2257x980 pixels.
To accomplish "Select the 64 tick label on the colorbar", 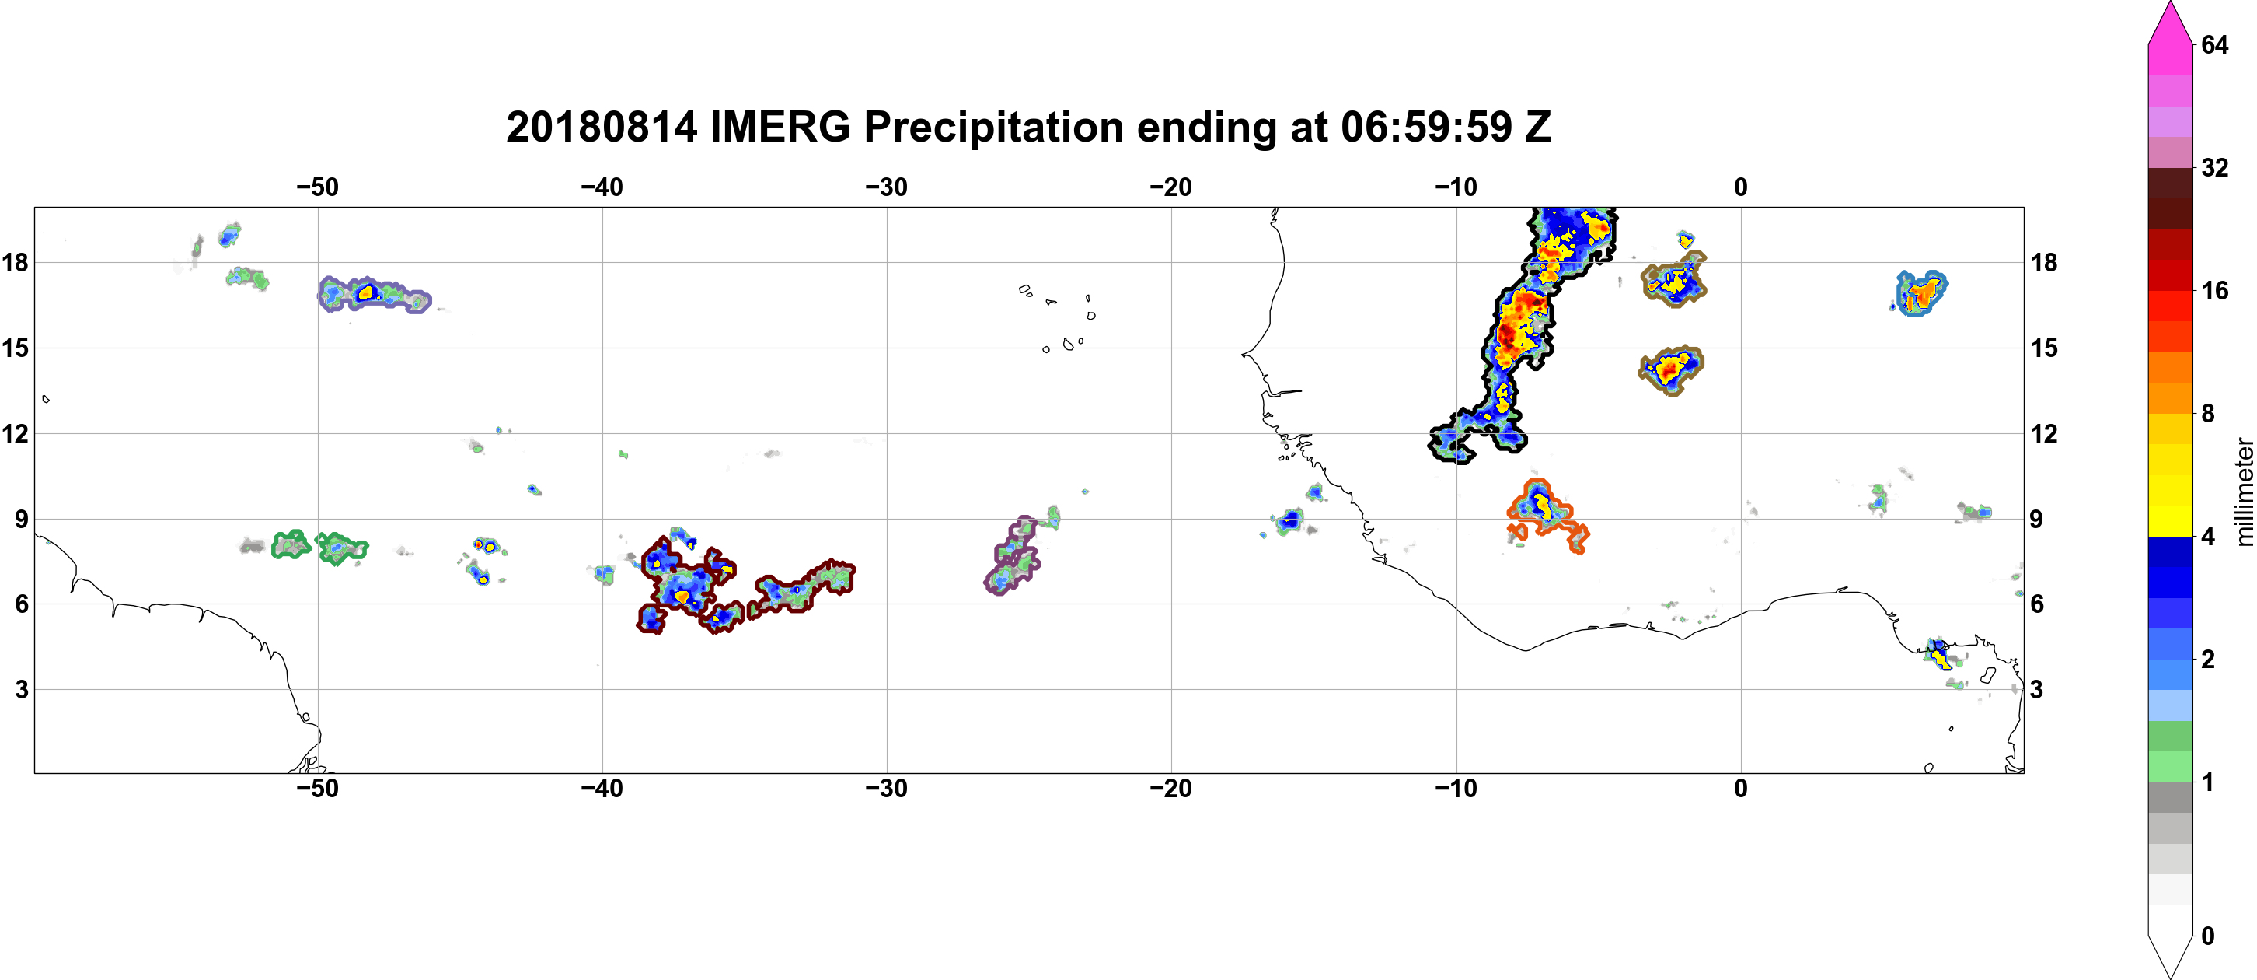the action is (2215, 44).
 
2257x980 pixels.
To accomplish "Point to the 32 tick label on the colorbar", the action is (2215, 167).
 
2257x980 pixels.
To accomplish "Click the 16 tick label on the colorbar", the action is (2215, 291).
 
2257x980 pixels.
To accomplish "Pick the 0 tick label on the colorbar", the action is (2208, 936).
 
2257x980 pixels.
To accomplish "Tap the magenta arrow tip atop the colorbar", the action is (2170, 4).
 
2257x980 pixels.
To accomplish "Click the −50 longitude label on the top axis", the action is (317, 187).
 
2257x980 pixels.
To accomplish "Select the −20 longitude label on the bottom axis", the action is (1171, 789).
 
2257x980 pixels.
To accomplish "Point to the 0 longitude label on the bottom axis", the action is (1741, 789).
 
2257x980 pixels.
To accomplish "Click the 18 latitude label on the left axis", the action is (15, 262).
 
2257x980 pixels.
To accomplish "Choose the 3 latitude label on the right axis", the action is (2036, 690).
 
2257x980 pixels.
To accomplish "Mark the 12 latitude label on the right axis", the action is (2044, 434).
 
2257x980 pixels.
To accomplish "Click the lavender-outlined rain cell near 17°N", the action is (374, 295).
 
